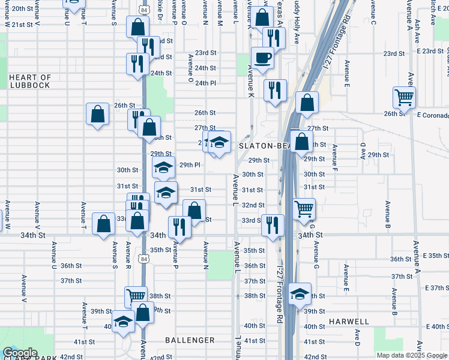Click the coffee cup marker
[262, 59]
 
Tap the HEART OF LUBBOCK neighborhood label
[30, 81]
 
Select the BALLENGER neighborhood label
[190, 340]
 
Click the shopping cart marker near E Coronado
[404, 97]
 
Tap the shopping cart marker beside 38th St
[136, 296]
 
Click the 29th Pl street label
[189, 164]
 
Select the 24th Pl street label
[205, 83]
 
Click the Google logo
[20, 352]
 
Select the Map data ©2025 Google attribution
[412, 356]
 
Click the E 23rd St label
[431, 52]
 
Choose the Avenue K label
[250, 79]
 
